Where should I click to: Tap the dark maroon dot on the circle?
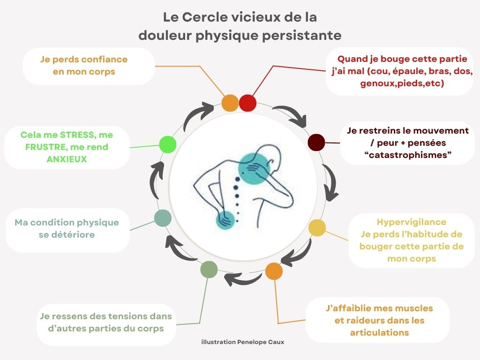coord(316,142)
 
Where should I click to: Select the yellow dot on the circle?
coord(317,228)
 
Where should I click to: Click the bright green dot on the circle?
coord(167,144)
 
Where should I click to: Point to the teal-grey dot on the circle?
coord(163,218)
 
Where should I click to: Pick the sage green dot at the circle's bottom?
coord(209,270)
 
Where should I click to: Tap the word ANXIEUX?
coord(67,159)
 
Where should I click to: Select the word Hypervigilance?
coord(411,222)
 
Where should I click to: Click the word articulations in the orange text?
coord(379,333)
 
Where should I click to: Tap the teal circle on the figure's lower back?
coord(227,219)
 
